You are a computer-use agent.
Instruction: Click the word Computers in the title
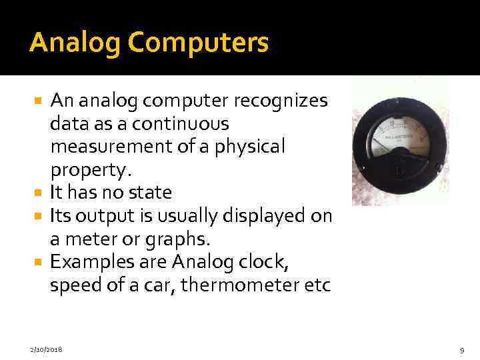199,43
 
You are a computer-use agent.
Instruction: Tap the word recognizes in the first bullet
287,101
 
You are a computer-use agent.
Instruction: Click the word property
87,170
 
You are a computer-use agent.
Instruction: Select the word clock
265,263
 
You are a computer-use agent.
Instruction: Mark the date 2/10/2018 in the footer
47,349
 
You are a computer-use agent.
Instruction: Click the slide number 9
462,349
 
